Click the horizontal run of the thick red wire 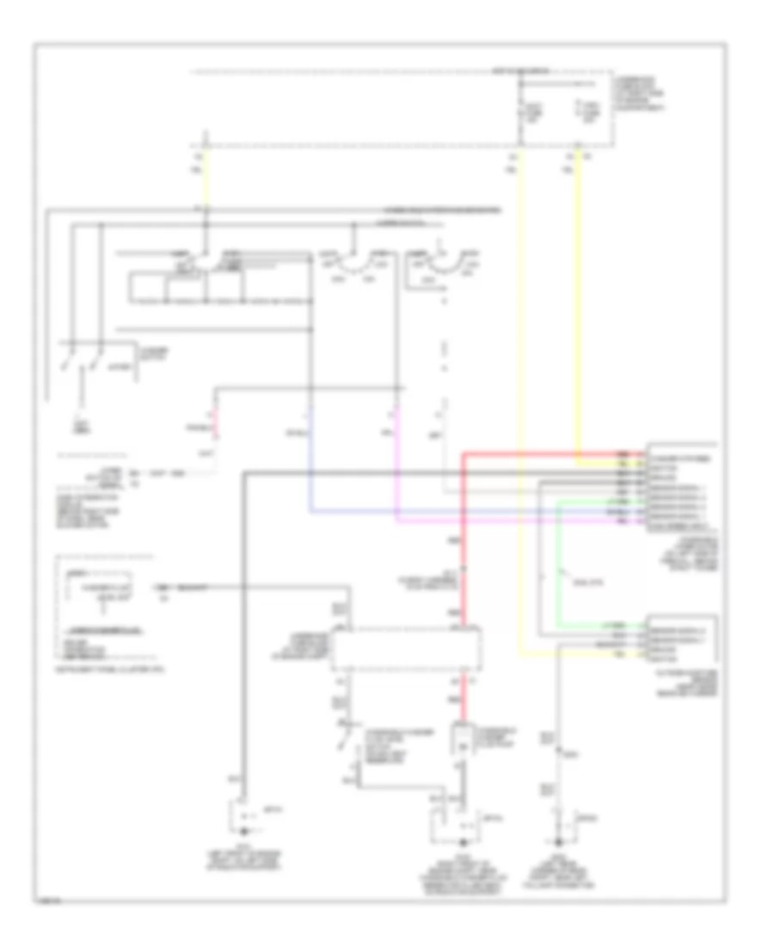[550, 453]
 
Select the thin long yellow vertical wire [519, 387]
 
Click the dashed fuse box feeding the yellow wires [564, 108]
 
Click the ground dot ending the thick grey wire [244, 832]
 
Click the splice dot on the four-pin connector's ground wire [562, 754]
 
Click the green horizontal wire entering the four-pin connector [602, 625]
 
